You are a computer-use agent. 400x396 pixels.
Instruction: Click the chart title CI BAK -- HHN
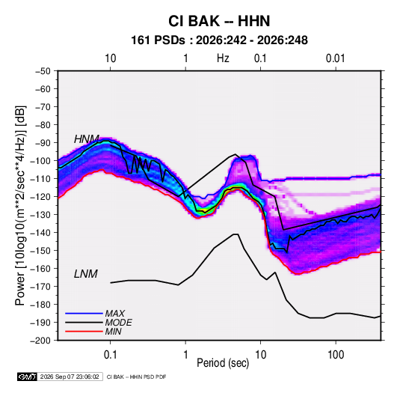coord(219,21)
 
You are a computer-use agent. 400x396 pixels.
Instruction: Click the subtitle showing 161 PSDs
coord(219,40)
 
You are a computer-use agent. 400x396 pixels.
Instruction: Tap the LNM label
coord(86,274)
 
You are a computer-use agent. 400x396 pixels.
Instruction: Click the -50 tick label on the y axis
coord(43,71)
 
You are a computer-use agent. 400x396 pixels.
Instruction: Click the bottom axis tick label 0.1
coord(110,354)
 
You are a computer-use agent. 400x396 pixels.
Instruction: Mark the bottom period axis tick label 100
coord(336,354)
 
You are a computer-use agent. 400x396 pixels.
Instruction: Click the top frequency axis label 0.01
coord(336,58)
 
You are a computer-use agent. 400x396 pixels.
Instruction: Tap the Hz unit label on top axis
coord(223,58)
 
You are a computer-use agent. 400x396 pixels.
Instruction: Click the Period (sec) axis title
coord(223,363)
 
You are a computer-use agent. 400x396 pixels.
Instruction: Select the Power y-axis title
coord(20,205)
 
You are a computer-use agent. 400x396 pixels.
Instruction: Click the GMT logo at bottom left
coord(27,377)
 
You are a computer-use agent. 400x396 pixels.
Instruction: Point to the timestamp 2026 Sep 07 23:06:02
coord(70,377)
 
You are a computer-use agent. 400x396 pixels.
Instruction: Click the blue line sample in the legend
coord(84,313)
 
